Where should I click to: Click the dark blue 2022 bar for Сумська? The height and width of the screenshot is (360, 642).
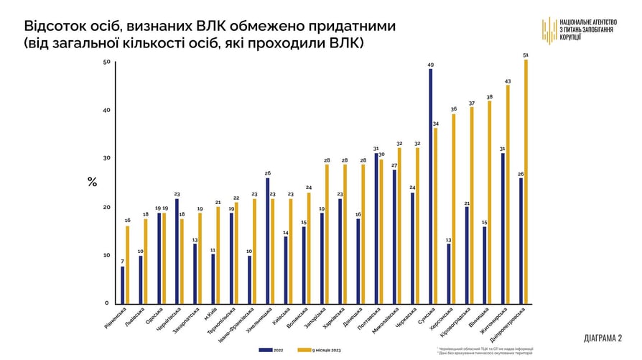[x=430, y=187]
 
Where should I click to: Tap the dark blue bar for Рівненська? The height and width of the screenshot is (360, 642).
[x=122, y=285]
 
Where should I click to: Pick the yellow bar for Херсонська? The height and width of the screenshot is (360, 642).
[x=454, y=208]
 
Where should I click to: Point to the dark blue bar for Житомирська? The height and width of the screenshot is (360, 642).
[x=503, y=229]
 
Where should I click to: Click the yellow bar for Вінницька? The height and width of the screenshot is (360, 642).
[x=490, y=202]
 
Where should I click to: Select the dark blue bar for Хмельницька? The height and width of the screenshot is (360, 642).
[x=268, y=241]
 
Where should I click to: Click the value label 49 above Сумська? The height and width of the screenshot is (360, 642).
[x=430, y=65]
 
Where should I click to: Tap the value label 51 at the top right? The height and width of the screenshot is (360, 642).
[x=526, y=55]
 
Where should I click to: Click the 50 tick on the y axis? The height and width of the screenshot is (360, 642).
[x=106, y=62]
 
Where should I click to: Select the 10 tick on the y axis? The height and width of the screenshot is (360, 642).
[x=106, y=255]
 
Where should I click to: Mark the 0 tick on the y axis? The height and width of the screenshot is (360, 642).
[x=107, y=303]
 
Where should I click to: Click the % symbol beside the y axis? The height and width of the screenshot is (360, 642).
[x=92, y=182]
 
